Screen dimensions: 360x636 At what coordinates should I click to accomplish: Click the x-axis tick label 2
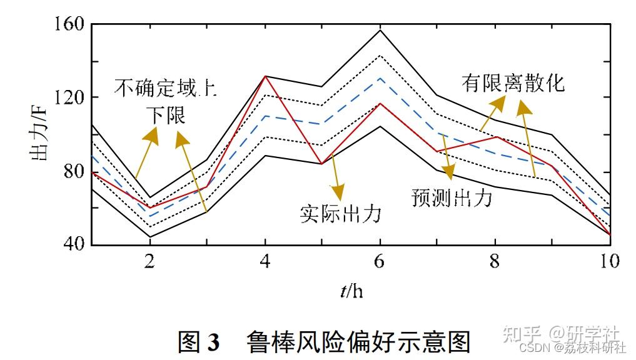coord(150,261)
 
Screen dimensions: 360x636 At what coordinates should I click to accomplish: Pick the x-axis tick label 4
coord(265,261)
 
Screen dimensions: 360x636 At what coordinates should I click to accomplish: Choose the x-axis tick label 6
coord(380,261)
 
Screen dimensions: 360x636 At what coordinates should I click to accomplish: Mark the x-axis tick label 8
coord(495,261)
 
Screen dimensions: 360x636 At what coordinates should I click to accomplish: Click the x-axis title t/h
coord(351,291)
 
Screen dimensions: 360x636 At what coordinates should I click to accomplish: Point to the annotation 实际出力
coord(340,214)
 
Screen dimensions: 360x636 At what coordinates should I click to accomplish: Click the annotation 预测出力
coord(452,197)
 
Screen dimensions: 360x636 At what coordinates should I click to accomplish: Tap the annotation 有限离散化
coord(513,82)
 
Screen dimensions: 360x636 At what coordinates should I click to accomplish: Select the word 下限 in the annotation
coord(166,115)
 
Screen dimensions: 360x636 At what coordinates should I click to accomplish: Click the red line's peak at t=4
coord(265,76)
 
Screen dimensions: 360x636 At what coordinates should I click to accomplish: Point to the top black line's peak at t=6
coord(380,30)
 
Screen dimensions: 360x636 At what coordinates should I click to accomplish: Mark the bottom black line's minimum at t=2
coord(150,237)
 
